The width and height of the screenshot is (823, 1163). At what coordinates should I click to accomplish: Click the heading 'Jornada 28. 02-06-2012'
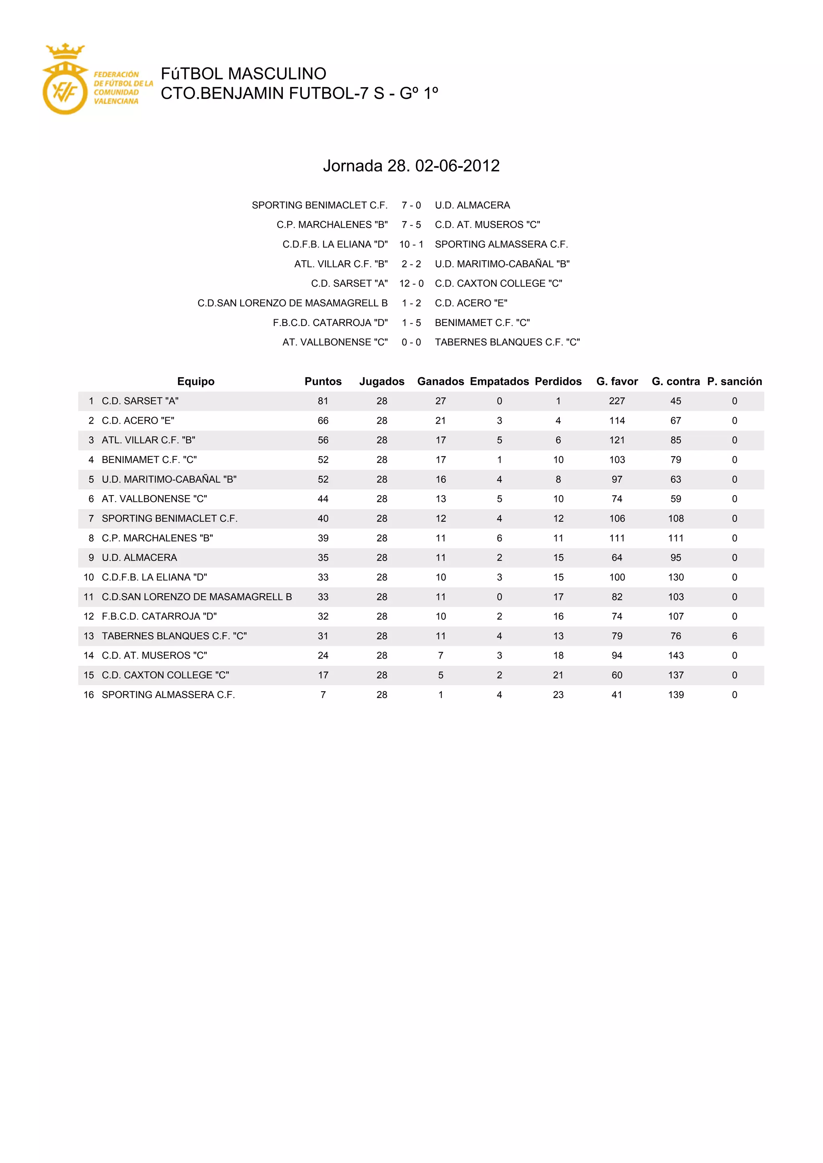point(411,165)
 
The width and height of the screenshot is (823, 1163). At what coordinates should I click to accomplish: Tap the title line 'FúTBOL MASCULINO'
point(243,74)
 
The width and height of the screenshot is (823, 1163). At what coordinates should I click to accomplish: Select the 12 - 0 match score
point(411,284)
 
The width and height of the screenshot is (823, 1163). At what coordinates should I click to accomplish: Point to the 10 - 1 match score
point(411,244)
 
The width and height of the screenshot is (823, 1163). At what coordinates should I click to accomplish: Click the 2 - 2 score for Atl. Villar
point(411,264)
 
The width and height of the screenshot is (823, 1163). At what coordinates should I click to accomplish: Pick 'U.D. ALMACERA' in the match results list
point(472,205)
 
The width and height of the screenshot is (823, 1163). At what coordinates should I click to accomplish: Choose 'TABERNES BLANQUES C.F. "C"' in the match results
point(507,343)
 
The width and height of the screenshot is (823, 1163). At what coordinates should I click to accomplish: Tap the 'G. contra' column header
point(676,382)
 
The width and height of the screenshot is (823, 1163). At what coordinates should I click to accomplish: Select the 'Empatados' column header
point(499,382)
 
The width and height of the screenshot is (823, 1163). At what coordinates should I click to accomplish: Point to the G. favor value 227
point(617,401)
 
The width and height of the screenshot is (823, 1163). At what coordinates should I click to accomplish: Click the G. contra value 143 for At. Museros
point(676,655)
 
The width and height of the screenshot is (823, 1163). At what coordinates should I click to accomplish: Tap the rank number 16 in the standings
point(89,695)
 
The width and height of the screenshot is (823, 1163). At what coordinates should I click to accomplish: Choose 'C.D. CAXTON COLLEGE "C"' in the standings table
point(165,675)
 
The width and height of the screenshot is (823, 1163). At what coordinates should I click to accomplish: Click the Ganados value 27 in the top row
point(440,401)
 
